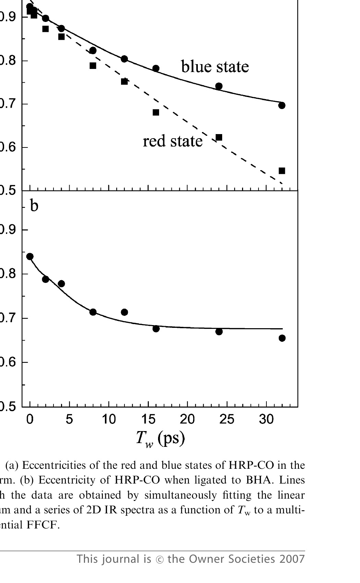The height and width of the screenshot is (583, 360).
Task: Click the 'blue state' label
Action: (x=215, y=67)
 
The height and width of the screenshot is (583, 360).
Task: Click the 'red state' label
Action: (x=172, y=141)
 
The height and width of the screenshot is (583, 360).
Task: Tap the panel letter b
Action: (x=34, y=206)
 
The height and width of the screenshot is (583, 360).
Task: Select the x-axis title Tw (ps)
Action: (x=160, y=438)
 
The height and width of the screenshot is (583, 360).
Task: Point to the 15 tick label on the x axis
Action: (x=148, y=419)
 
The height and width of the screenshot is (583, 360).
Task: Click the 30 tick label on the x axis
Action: (x=266, y=419)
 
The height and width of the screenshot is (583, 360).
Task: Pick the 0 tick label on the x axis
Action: (x=30, y=419)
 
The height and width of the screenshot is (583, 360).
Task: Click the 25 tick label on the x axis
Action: (x=227, y=419)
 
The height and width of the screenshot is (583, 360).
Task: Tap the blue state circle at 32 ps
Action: (x=282, y=105)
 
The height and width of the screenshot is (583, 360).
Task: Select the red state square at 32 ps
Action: (x=282, y=171)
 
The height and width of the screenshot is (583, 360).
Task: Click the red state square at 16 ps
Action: (x=156, y=112)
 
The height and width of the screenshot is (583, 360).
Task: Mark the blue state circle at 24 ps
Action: (x=219, y=86)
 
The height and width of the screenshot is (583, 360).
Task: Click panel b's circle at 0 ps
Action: (x=30, y=257)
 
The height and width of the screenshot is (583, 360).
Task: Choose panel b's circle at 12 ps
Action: (x=124, y=312)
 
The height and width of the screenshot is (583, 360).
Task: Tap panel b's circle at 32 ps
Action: (x=282, y=338)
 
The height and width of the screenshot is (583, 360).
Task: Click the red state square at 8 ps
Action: (x=93, y=66)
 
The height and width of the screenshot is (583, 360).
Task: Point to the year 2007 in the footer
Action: (x=292, y=559)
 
